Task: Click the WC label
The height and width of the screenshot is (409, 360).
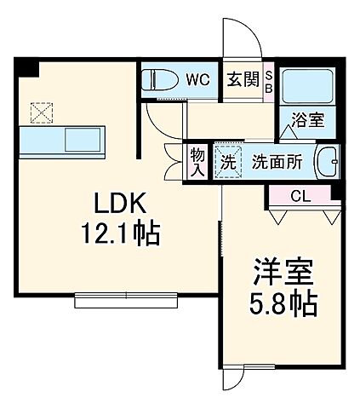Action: click(197, 80)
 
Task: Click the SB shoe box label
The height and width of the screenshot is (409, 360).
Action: click(269, 81)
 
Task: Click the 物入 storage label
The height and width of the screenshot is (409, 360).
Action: click(197, 162)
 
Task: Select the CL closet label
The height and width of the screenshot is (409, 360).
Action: click(299, 196)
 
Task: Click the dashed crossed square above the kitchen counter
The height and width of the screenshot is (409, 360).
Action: click(40, 112)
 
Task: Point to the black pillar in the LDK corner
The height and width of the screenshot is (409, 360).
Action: click(28, 65)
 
